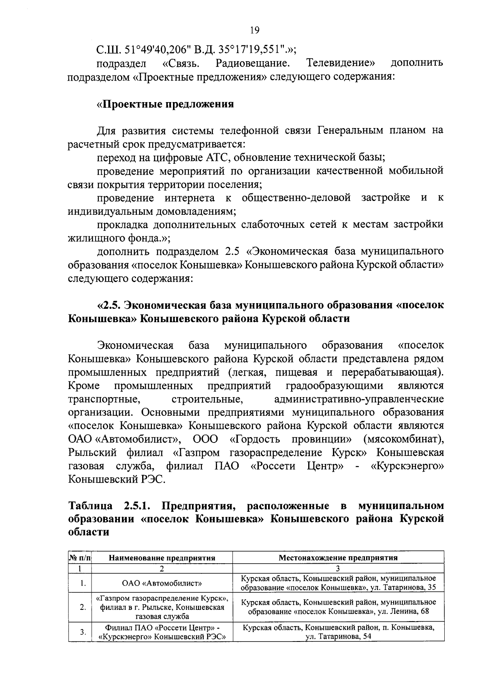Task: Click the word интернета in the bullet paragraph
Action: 190,198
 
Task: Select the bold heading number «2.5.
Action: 110,305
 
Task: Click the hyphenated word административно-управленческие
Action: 359,399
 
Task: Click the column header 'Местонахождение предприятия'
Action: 338,558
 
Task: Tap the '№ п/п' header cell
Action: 80,558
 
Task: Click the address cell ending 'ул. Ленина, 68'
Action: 338,607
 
